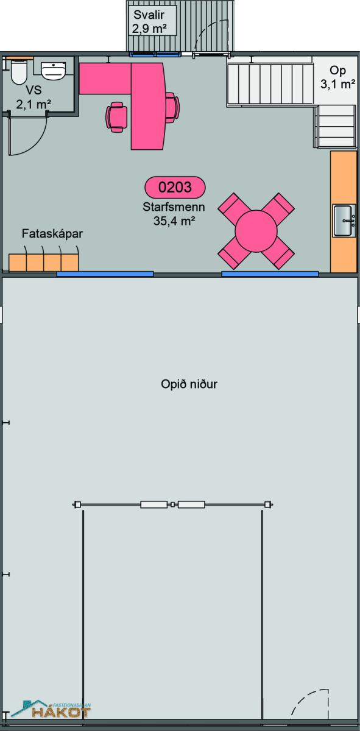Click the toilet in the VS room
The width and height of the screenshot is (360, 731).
coord(18,72)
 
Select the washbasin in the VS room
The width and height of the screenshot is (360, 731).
coord(53,71)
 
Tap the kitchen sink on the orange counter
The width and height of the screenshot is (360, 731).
coord(344,221)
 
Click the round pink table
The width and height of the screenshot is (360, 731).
coord(256,231)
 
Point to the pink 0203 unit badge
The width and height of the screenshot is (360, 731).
coord(175,188)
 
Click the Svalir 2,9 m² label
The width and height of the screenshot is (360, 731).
coord(149,21)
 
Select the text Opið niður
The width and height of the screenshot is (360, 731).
coord(189,384)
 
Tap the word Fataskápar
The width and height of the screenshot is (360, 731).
coord(52,234)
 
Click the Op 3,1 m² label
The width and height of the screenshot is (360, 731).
coord(338,77)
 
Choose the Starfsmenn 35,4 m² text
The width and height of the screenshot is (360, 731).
coord(174,214)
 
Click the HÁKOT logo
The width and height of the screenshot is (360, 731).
coord(51,710)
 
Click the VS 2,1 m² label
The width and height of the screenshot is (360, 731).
coord(34,97)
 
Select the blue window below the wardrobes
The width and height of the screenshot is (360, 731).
coord(105,274)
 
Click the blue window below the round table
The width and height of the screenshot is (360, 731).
coord(270,274)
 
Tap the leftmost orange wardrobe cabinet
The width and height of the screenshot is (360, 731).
coord(18,263)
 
